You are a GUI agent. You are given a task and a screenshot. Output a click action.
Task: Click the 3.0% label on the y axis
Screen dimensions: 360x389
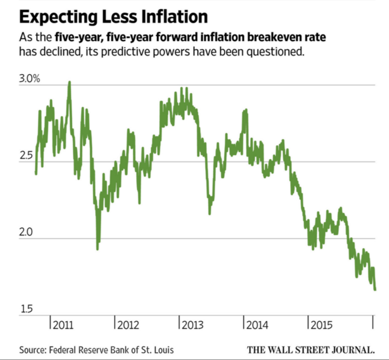30,79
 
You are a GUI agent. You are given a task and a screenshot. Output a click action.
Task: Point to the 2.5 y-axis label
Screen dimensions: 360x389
27,156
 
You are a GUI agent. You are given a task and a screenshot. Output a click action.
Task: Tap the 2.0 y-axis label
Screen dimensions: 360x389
27,233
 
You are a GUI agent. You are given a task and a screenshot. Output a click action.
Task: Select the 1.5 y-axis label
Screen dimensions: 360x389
26,309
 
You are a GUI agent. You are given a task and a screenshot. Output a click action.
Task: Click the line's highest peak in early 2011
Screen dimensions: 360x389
69,83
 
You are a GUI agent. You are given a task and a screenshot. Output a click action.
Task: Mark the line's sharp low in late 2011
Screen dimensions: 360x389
97,248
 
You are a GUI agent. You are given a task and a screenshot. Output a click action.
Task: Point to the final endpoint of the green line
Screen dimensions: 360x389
375,290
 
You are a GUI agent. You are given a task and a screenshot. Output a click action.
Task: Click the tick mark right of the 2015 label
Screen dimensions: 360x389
373,322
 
